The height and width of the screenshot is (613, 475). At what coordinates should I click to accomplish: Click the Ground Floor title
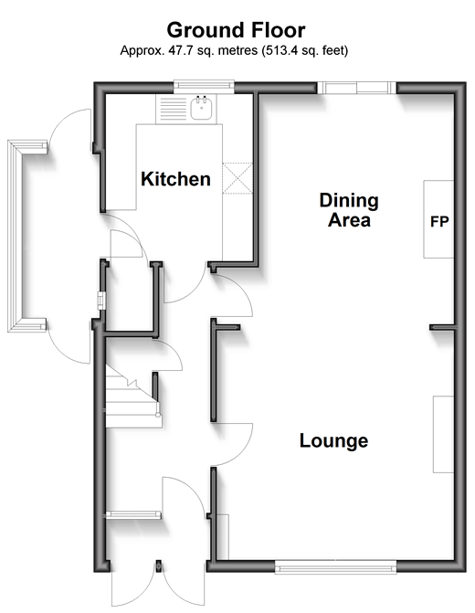coord(236,30)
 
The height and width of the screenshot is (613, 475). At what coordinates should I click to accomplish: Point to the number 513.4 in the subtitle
coord(279,50)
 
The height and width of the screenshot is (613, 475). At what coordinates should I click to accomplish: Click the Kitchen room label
coord(175,179)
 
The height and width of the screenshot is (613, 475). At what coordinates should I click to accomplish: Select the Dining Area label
coord(349,210)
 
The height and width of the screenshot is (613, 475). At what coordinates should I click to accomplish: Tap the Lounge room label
coord(333,440)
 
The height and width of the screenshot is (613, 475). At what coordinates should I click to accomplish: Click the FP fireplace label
coord(439,222)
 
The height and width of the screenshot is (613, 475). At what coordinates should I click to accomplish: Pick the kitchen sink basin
coord(201,109)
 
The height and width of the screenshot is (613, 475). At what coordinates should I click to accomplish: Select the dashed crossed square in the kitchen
coord(237,178)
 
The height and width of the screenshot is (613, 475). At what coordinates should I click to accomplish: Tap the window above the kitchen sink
coord(204,87)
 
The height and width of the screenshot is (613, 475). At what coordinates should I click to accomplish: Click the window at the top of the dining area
coord(356,88)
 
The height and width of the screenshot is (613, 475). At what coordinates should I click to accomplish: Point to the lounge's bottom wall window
coord(336,567)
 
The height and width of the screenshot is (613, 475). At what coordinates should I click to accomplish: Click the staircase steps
coord(132,403)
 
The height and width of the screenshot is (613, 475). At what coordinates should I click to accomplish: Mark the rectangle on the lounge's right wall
coord(443,434)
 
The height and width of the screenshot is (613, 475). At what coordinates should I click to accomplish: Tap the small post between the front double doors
coord(159,566)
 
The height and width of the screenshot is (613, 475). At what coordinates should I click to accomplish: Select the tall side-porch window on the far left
coord(16,237)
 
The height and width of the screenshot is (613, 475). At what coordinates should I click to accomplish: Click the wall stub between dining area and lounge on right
coord(443,327)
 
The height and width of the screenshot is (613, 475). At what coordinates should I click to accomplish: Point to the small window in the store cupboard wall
coord(101,301)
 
